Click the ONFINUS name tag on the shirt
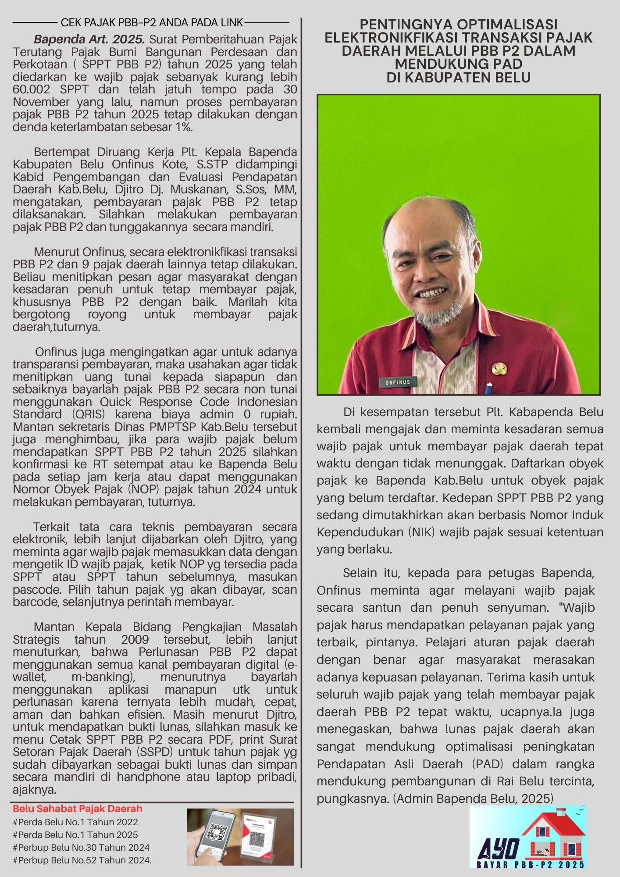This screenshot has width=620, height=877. pos(398,382)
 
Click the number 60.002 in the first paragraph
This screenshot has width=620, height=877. pos(31,89)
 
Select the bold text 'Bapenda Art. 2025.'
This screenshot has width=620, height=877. pos(89,39)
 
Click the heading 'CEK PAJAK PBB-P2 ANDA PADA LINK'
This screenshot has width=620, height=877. pos(151,22)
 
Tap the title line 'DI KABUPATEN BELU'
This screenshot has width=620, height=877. pos(458,78)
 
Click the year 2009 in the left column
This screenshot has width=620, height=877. pos(135,639)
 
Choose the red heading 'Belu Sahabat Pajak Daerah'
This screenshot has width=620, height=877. pos(78,809)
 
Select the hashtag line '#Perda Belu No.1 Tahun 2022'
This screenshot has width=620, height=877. pos(75,822)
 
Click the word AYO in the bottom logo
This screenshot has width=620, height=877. pos(498,850)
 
